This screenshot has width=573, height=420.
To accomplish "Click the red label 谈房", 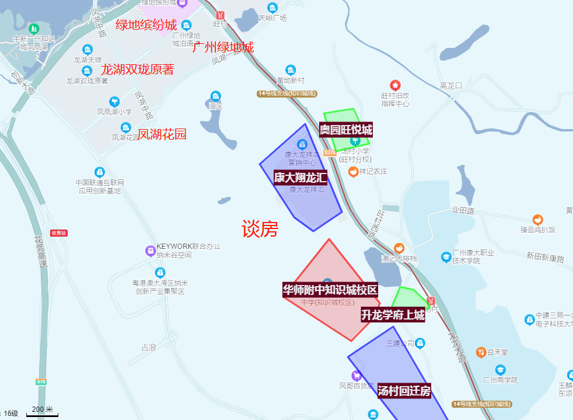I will point(260,229).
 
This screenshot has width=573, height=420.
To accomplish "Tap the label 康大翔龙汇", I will point(301,178).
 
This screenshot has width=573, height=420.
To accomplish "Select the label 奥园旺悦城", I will point(346,130).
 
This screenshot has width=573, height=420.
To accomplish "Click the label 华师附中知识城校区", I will point(330,290).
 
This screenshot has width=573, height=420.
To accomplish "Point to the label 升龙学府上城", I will point(393,315).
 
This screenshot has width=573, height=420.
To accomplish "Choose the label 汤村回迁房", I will point(404,391).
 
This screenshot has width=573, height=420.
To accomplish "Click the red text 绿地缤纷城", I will point(146,25).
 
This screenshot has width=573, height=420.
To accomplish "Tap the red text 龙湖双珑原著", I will point(138,70).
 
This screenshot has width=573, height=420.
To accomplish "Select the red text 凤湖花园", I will point(162,134).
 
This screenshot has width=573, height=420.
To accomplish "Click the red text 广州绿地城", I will point(223,47).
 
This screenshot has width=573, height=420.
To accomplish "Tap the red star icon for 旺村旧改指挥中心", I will point(395,85).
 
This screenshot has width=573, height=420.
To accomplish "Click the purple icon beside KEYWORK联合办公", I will point(151,251).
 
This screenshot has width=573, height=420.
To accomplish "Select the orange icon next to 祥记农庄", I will point(353,172).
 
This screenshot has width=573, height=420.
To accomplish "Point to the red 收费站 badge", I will point(59,233).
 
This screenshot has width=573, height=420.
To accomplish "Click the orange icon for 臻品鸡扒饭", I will point(538,219).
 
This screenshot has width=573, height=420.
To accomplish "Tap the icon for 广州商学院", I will point(500,370).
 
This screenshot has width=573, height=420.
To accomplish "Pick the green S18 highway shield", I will point(41,382).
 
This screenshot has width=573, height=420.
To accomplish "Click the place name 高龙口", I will point(451,86).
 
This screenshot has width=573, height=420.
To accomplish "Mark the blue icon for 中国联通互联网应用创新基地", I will point(100,172).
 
